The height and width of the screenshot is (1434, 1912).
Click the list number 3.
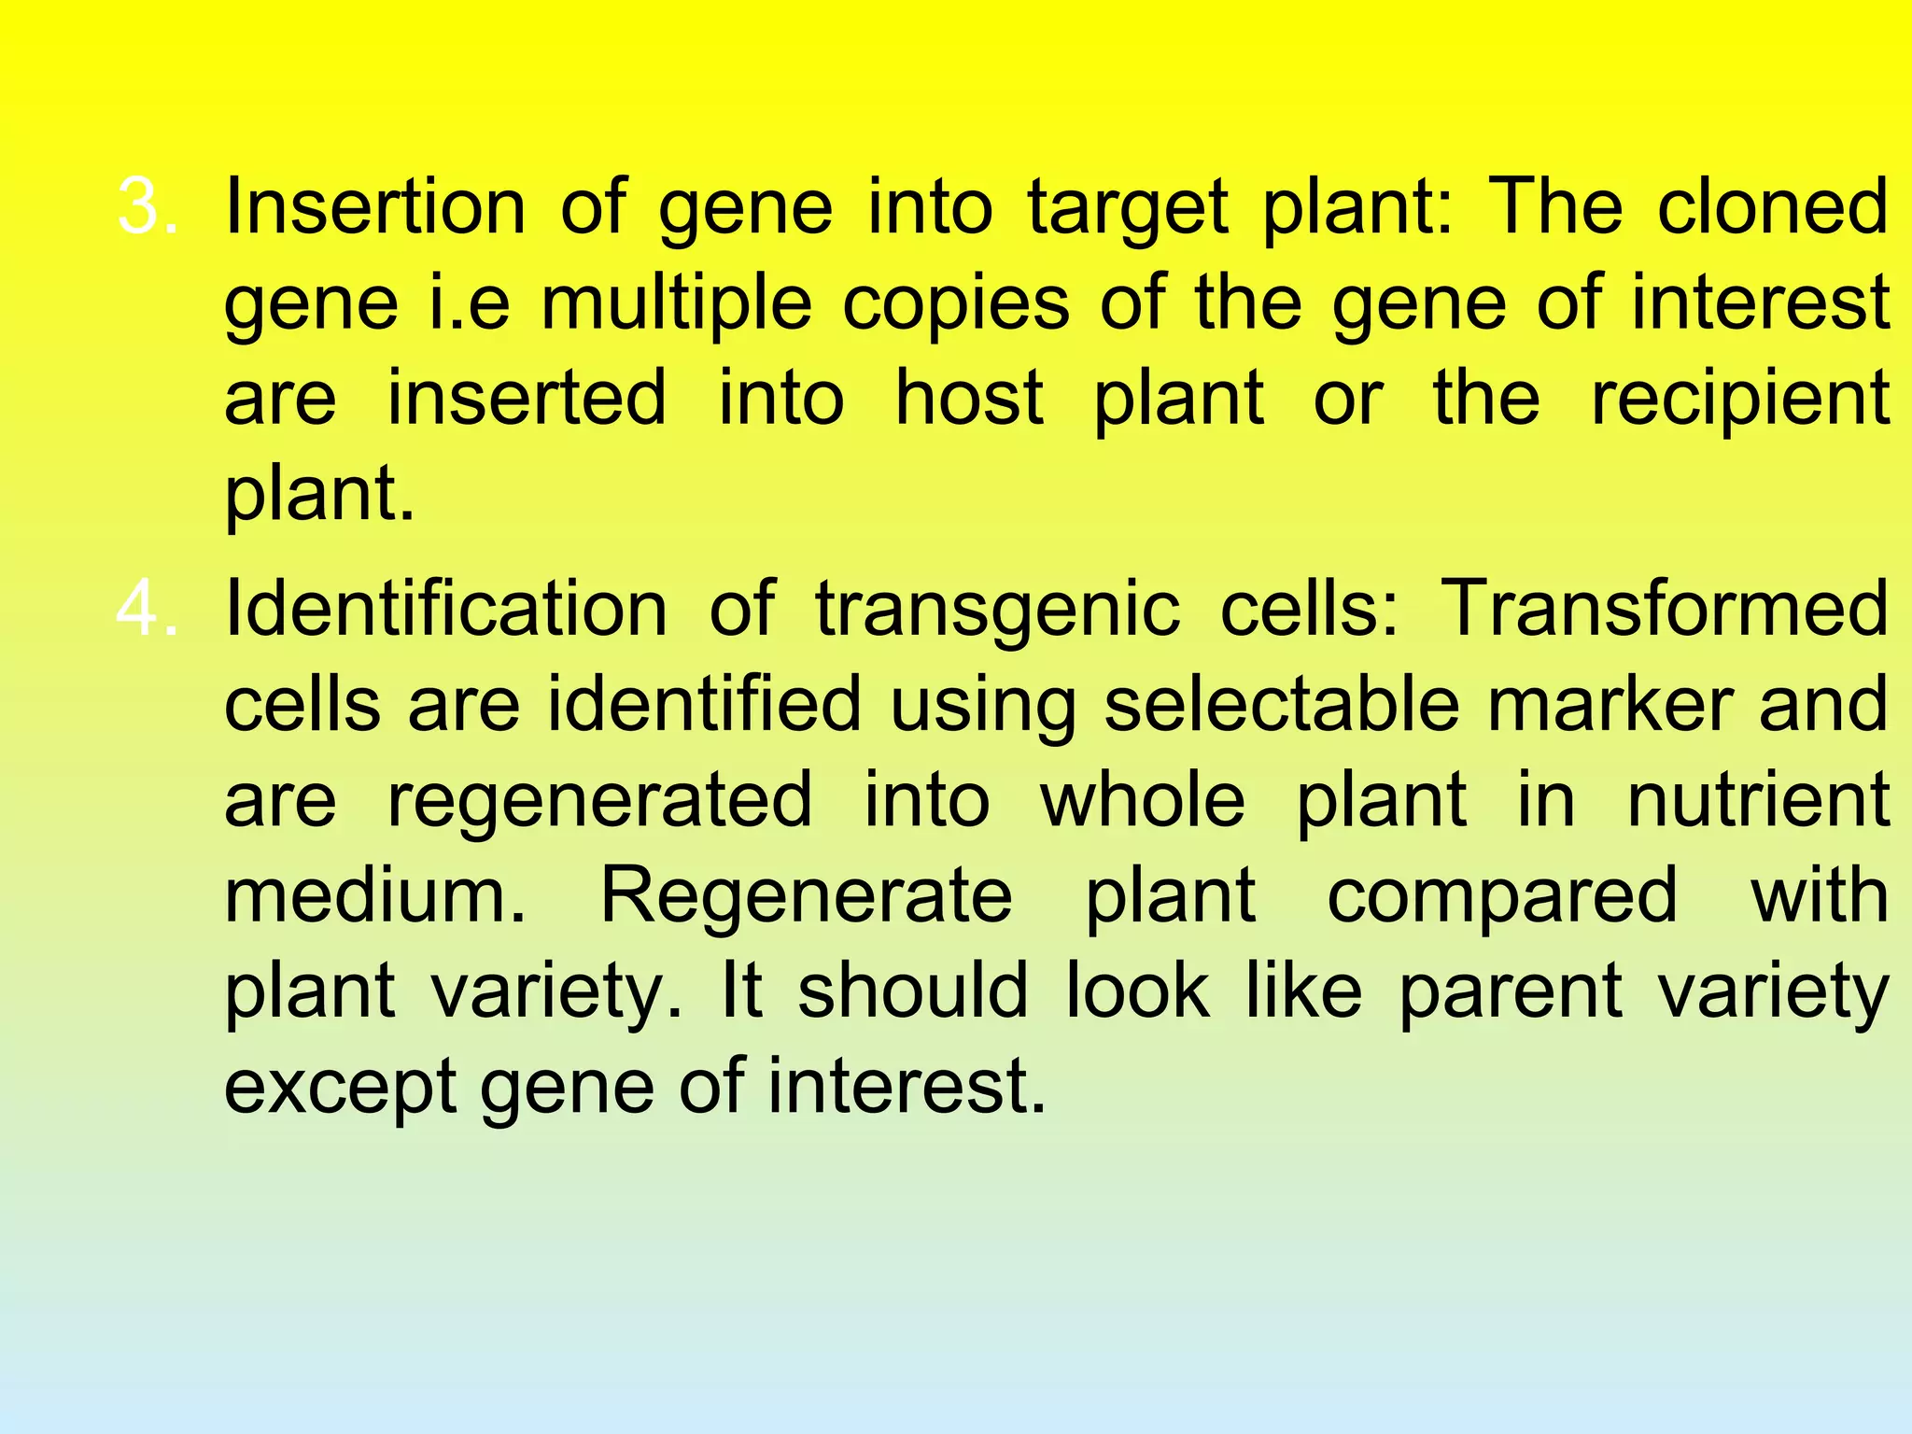click(x=146, y=206)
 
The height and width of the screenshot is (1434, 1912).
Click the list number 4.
click(x=146, y=609)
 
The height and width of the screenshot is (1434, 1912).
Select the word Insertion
click(x=375, y=206)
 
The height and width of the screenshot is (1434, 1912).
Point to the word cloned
click(x=1773, y=206)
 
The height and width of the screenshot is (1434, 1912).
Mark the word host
click(x=969, y=398)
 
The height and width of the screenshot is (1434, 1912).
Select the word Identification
click(x=446, y=609)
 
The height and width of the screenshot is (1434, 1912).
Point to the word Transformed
click(x=1665, y=609)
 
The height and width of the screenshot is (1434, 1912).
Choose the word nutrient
click(x=1758, y=801)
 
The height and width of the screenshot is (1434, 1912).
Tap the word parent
click(x=1511, y=993)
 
